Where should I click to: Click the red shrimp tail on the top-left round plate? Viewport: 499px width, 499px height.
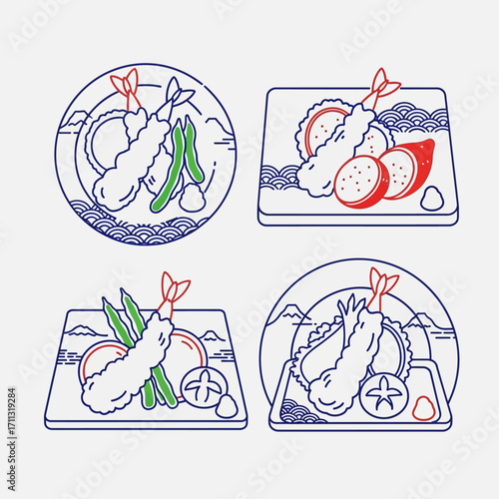pos(127,84)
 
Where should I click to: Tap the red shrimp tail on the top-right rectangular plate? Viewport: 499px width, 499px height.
pos(383,88)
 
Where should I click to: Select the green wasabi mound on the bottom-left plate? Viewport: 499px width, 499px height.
pos(225,406)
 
